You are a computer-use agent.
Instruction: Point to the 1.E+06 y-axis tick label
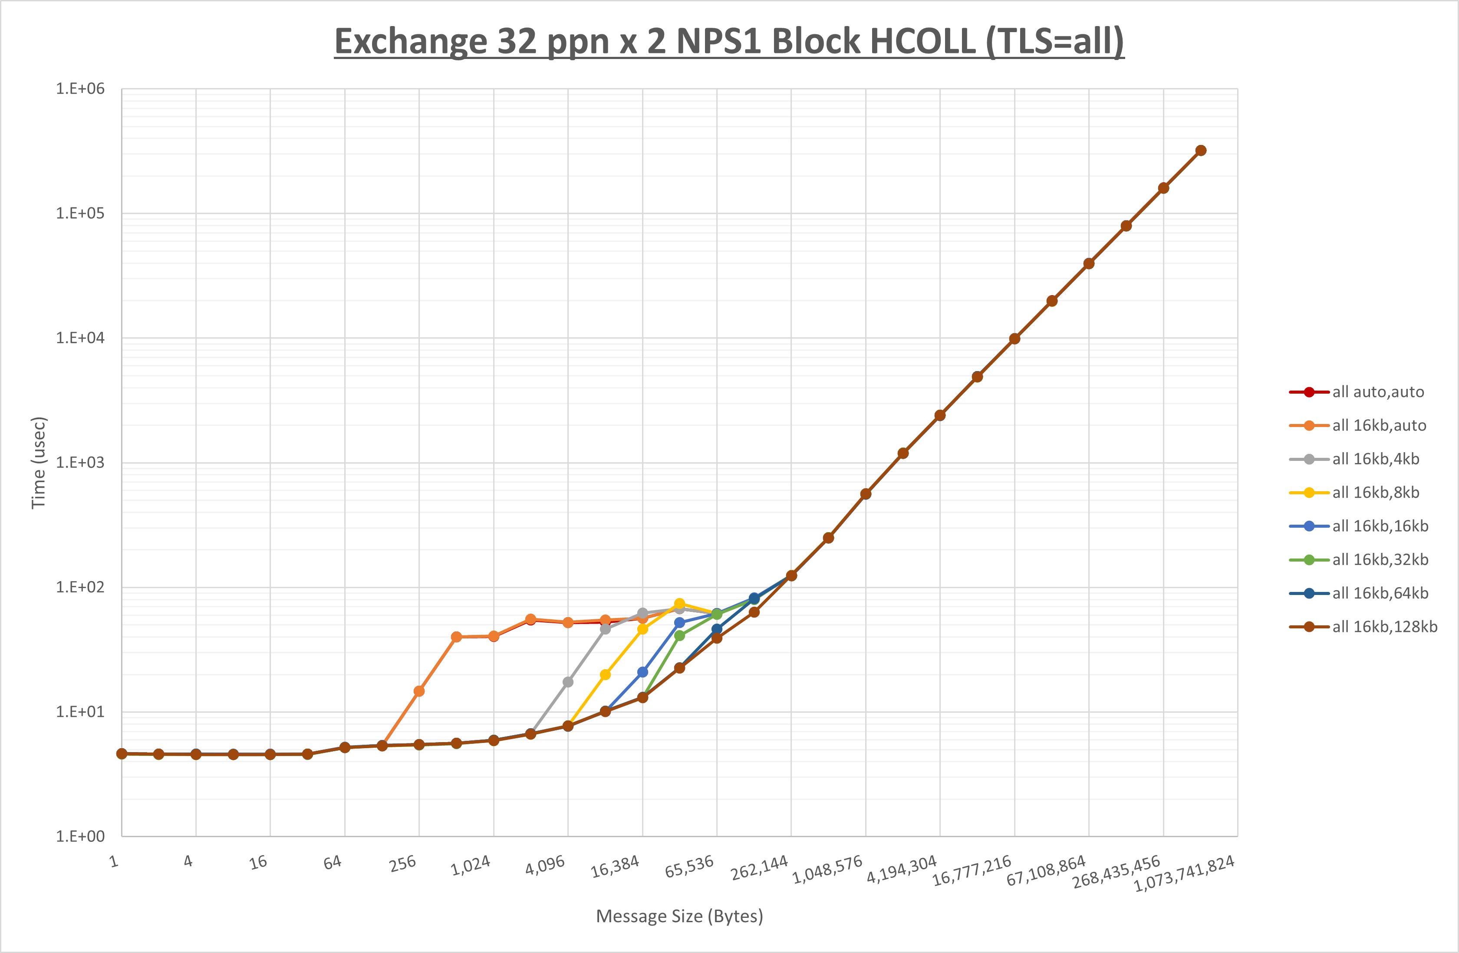click(80, 89)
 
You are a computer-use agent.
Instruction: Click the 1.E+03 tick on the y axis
click(80, 463)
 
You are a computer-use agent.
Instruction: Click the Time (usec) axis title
click(39, 463)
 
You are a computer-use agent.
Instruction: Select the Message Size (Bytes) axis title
click(679, 916)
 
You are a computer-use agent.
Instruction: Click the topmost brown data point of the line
click(1201, 151)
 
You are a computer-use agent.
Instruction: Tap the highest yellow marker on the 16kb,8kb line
click(679, 604)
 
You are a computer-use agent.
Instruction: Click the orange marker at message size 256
click(419, 691)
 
